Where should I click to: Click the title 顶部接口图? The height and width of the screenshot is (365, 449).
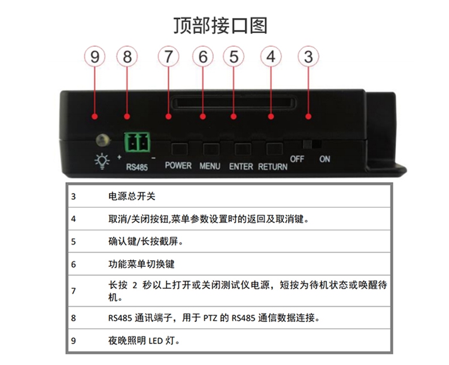(220, 26)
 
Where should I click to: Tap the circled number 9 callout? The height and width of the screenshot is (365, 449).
(95, 56)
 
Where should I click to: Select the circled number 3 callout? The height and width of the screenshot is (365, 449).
(308, 56)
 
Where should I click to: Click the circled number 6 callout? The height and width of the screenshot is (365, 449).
(203, 56)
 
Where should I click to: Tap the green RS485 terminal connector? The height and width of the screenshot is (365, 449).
(138, 142)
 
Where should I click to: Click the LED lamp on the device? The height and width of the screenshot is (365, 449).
(103, 140)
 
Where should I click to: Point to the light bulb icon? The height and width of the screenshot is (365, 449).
(102, 161)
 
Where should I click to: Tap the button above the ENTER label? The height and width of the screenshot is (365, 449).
(243, 149)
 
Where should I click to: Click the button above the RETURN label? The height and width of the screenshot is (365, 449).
(275, 149)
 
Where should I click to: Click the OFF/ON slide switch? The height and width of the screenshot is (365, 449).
(312, 144)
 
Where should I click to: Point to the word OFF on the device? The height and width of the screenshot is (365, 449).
(297, 159)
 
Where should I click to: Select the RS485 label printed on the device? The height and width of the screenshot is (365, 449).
(137, 167)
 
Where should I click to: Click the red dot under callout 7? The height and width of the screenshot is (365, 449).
(168, 116)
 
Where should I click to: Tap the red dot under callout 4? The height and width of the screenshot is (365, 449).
(271, 116)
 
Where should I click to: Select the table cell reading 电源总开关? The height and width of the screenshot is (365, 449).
(132, 197)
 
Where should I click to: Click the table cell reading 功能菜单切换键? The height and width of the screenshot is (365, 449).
(141, 264)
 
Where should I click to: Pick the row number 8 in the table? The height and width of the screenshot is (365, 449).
(74, 318)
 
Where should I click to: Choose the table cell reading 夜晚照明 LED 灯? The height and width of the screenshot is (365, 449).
(144, 340)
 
